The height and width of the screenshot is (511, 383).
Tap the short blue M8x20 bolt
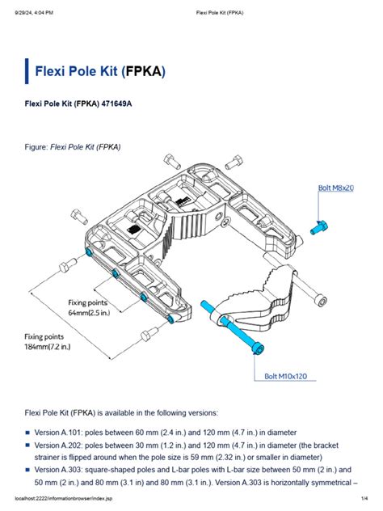coord(318,227)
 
